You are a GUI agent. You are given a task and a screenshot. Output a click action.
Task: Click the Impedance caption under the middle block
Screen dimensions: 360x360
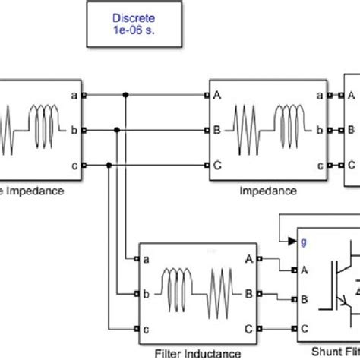click(267, 191)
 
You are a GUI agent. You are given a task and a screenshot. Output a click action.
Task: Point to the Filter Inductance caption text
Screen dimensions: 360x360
click(198, 352)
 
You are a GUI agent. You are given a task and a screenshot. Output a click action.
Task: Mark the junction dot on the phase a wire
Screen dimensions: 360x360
click(125, 96)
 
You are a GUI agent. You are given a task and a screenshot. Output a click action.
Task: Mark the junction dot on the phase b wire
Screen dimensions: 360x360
click(118, 130)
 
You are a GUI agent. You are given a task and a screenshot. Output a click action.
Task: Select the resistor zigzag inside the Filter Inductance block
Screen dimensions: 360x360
click(224, 293)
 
